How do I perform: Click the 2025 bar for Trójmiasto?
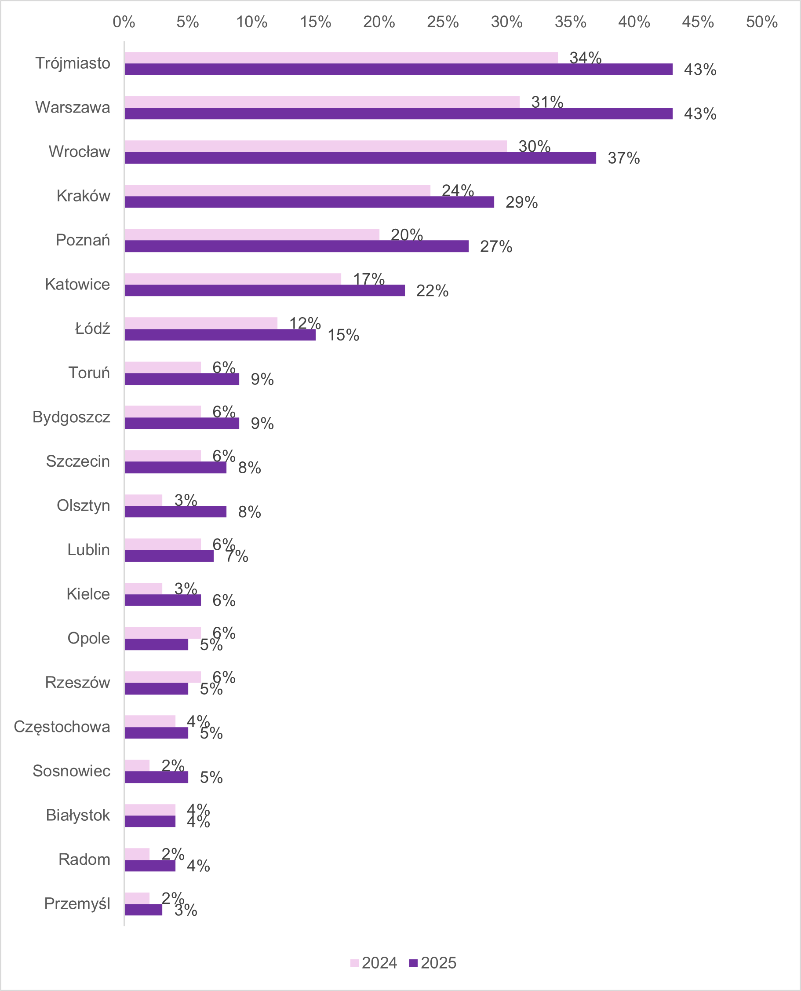pos(398,69)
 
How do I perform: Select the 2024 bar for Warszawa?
pos(322,102)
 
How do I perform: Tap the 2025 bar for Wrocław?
pos(360,158)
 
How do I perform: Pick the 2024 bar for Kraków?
pos(277,190)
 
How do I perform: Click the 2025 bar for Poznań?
pos(296,246)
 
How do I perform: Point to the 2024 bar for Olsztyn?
pos(143,500)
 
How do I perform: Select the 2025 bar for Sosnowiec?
pos(156,777)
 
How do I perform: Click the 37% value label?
pos(623,158)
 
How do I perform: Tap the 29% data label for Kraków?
pos(521,202)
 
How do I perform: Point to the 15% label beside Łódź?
pos(343,335)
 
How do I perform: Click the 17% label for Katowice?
pos(369,279)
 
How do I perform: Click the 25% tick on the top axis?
pos(443,22)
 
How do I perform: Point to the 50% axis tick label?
pos(761,22)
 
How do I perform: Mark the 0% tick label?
pos(124,22)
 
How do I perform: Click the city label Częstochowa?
pos(62,727)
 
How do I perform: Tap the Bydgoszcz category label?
pos(71,417)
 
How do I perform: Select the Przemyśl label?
pos(77,904)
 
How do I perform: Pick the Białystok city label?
pos(77,815)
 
